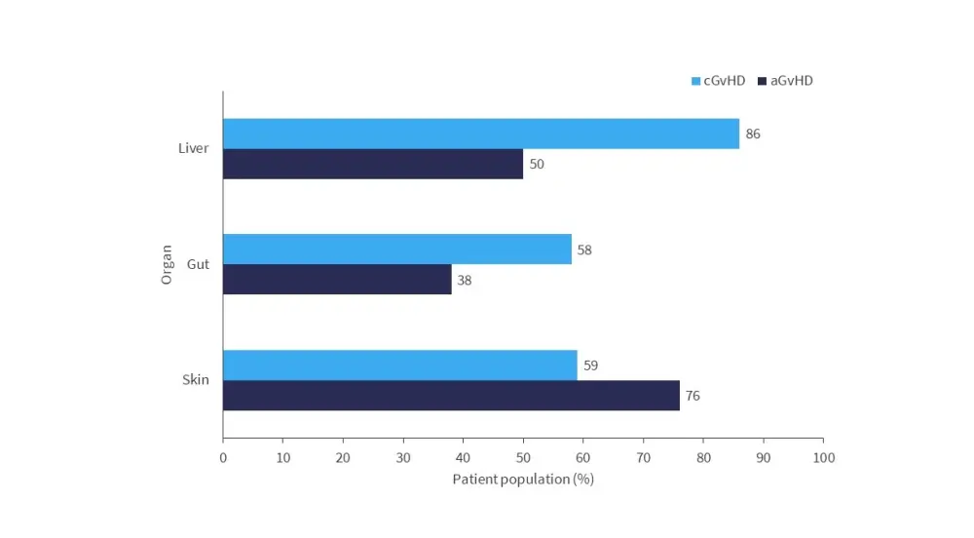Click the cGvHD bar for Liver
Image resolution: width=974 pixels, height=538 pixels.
pyautogui.click(x=481, y=134)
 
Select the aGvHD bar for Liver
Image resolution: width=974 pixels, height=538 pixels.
pyautogui.click(x=373, y=164)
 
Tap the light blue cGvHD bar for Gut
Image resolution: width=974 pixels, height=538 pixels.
pyautogui.click(x=397, y=250)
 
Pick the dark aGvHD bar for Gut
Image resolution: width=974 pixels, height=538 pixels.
pyautogui.click(x=337, y=280)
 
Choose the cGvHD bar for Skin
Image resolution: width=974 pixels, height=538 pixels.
pyautogui.click(x=400, y=365)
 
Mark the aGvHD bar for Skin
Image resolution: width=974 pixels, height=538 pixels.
pyautogui.click(x=451, y=396)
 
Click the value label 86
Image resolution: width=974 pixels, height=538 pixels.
pyautogui.click(x=753, y=134)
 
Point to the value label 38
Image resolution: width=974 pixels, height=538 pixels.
pyautogui.click(x=465, y=281)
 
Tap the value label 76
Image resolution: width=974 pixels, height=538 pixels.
pyautogui.click(x=693, y=397)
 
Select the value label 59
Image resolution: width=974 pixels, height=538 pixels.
pyautogui.click(x=590, y=366)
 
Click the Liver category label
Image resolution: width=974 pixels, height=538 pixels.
pyautogui.click(x=193, y=148)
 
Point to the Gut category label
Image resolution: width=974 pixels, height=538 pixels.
pyautogui.click(x=199, y=264)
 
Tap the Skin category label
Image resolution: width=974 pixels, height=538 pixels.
pyautogui.click(x=196, y=380)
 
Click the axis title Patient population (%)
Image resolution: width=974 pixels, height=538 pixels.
pyautogui.click(x=523, y=480)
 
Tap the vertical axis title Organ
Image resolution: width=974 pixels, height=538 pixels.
pyautogui.click(x=167, y=264)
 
